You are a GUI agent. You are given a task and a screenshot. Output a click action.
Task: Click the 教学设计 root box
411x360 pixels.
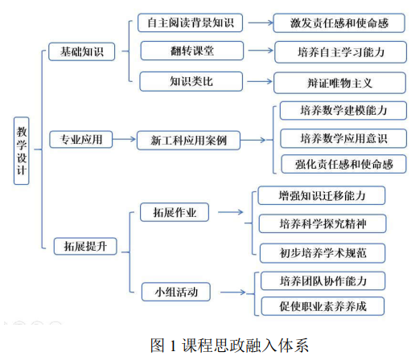point(21,151)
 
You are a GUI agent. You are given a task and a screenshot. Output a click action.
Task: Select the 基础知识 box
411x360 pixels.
point(82,51)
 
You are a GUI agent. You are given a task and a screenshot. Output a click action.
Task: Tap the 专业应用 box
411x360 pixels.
point(81,139)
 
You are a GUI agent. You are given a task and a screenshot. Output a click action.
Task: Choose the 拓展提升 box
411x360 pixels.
point(85,246)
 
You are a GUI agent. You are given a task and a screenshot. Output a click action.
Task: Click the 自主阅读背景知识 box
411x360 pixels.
point(191,22)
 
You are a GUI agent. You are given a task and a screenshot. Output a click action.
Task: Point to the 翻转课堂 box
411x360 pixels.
point(192,51)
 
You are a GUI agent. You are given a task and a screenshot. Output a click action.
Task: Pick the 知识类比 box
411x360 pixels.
point(191,81)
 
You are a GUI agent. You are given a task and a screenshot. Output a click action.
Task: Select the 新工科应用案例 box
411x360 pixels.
point(188,140)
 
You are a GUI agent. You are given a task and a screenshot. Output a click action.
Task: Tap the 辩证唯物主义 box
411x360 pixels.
point(339,83)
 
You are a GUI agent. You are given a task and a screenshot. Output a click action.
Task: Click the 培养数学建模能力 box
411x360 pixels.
point(343,110)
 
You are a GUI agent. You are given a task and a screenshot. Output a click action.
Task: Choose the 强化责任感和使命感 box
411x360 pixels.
point(343,164)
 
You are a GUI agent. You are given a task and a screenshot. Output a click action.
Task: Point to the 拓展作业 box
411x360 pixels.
point(175,212)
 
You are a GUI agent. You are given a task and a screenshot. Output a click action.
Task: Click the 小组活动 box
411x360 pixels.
point(176,292)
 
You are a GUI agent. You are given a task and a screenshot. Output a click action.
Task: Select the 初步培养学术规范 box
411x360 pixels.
point(323,253)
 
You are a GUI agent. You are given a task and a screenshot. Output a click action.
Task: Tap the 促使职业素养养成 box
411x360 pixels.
point(323,306)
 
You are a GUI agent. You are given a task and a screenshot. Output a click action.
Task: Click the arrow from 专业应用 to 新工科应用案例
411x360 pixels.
point(124,139)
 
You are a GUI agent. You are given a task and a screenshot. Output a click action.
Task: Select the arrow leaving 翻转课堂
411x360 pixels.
point(261,51)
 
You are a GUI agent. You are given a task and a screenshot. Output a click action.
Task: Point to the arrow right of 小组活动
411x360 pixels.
point(233,292)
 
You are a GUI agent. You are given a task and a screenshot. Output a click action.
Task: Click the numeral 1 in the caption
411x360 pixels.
point(173,346)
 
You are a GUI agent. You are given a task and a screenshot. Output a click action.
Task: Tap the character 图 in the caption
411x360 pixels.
point(157,345)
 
